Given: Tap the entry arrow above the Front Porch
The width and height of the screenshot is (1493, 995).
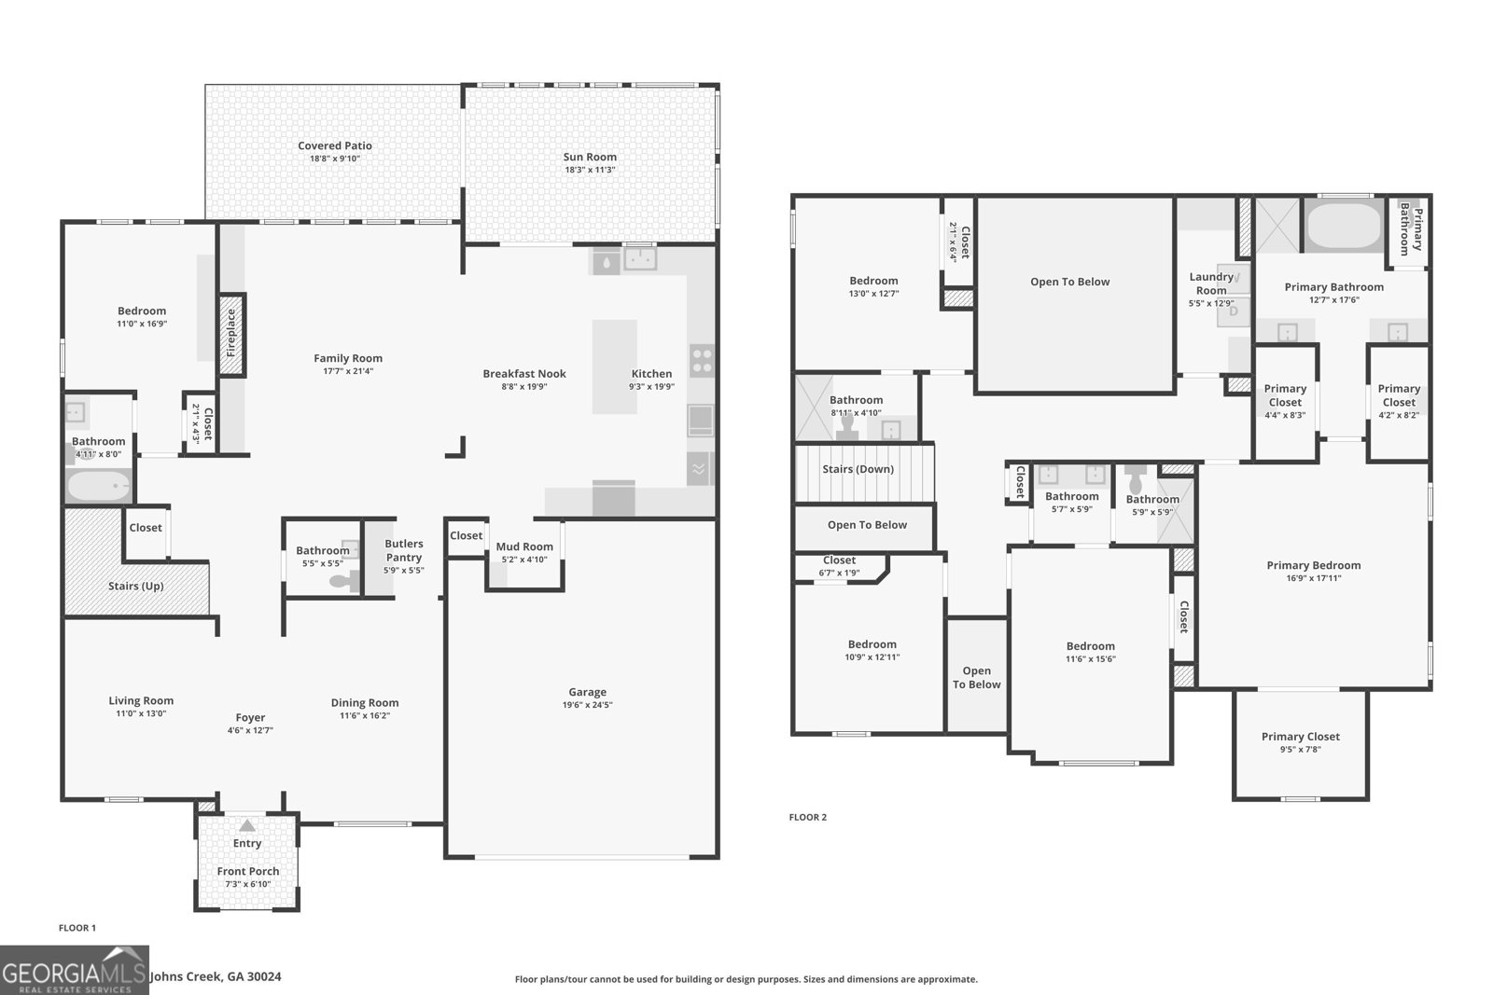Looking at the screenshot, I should click(x=246, y=825).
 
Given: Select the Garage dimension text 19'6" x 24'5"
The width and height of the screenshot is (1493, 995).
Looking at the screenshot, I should click(x=587, y=705).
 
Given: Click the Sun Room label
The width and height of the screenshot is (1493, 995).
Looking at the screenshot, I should click(x=590, y=157).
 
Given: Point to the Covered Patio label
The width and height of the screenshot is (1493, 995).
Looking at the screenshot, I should click(x=334, y=145).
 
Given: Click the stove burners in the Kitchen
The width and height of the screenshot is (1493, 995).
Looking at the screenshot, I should click(x=701, y=360).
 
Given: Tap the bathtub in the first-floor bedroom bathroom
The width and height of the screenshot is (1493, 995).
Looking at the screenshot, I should click(x=98, y=485).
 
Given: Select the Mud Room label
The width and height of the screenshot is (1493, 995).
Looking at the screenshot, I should click(x=524, y=546).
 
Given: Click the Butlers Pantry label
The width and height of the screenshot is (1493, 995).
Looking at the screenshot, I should click(x=404, y=550).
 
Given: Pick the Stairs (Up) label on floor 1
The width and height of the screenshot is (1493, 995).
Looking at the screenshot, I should click(x=136, y=586).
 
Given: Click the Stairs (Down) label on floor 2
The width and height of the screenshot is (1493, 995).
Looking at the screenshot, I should click(x=858, y=469).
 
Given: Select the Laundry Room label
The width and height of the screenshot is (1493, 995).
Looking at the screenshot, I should click(x=1211, y=283).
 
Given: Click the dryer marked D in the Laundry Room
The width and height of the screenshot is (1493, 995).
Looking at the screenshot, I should click(x=1234, y=311).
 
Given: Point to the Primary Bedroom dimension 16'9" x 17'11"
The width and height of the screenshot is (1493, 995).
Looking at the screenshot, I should click(x=1313, y=578).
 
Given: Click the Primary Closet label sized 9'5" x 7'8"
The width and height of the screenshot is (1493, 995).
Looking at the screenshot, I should click(x=1300, y=736).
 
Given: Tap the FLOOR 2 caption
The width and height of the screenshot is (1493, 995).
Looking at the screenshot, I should click(x=807, y=817).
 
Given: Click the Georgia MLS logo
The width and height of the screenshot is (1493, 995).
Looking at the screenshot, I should click(x=74, y=970).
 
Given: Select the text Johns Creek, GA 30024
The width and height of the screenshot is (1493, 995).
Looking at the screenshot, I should click(x=216, y=976).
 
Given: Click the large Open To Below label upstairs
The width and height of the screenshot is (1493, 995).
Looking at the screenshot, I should click(x=1069, y=282).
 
